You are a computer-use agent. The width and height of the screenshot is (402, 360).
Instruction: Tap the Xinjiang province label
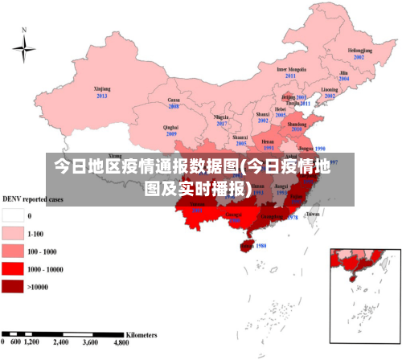pyautogui.click(x=102, y=88)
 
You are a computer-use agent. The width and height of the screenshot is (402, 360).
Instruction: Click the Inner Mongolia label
pyautogui.click(x=291, y=69)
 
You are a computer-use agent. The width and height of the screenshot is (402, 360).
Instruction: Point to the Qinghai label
pyautogui.click(x=170, y=127)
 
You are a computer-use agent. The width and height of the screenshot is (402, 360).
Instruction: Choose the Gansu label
pyautogui.click(x=173, y=99)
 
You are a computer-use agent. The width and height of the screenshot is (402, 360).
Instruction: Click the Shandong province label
pyautogui.click(x=297, y=125)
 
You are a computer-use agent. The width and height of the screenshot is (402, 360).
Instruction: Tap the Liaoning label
pyautogui.click(x=330, y=89)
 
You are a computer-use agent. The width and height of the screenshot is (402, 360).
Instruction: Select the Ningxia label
pyautogui.click(x=222, y=117)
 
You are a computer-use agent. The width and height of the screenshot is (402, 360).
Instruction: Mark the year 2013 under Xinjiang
pyautogui.click(x=102, y=96)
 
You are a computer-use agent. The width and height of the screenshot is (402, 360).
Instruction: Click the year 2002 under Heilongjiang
pyautogui.click(x=359, y=58)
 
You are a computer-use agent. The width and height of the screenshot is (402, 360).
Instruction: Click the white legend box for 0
pyautogui.click(x=13, y=215)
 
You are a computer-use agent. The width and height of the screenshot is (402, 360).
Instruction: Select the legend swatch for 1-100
pyautogui.click(x=13, y=233)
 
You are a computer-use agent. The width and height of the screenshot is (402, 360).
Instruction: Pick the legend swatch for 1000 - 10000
pyautogui.click(x=13, y=268)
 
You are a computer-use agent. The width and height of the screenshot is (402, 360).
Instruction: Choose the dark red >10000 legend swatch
pyautogui.click(x=13, y=286)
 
